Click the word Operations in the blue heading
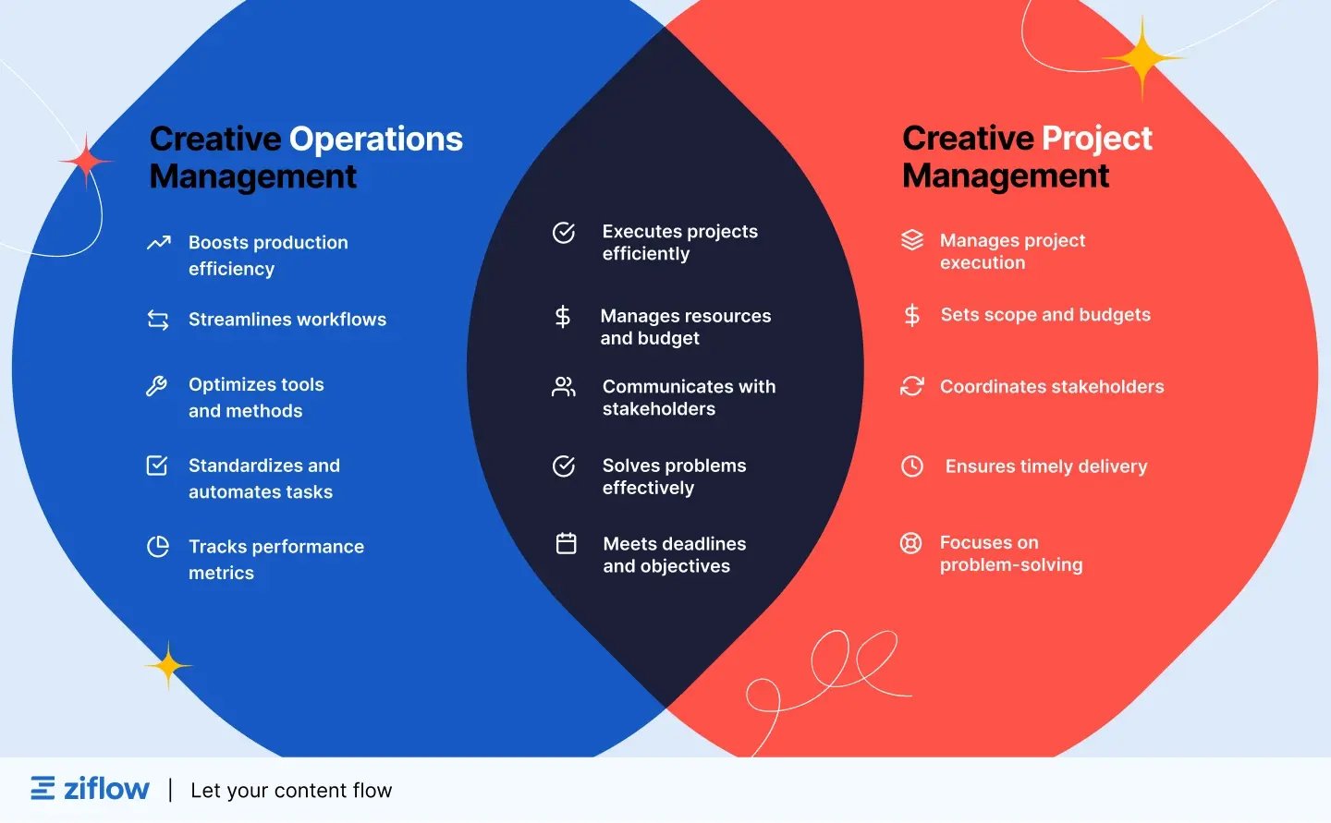click(376, 139)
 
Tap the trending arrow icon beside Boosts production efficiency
click(159, 243)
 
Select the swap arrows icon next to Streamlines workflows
click(158, 320)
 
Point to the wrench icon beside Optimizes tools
click(157, 386)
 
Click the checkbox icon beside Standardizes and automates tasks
click(157, 466)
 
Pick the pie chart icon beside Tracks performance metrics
click(158, 547)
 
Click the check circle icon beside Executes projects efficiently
click(564, 233)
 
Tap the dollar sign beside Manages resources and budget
click(563, 317)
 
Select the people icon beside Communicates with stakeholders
click(563, 387)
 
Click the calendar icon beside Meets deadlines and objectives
click(567, 544)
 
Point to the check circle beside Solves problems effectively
click(564, 466)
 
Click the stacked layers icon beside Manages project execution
click(912, 240)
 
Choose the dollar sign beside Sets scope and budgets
click(912, 316)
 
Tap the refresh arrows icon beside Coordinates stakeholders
click(912, 386)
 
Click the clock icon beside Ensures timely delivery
click(912, 466)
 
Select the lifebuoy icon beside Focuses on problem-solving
click(911, 543)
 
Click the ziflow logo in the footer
click(90, 789)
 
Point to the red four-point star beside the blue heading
click(86, 161)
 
